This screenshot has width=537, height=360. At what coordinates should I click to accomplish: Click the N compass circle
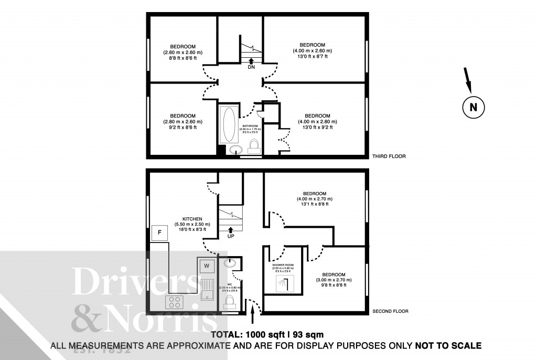pos(474,108)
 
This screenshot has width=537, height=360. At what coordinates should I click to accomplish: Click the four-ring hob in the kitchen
pos(175,302)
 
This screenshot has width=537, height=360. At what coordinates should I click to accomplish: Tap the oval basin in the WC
pos(229,263)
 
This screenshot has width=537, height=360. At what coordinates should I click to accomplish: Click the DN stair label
pos(251,67)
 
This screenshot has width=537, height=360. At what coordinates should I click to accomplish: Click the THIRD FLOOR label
pos(389,156)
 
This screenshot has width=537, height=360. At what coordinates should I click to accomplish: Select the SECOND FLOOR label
pos(390,311)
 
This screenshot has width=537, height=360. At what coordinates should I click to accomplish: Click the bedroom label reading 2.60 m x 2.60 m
pos(182,52)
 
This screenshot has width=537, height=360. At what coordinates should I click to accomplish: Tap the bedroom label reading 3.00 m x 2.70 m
pos(334,280)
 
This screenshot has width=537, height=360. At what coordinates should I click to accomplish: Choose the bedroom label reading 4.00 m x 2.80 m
pos(317,121)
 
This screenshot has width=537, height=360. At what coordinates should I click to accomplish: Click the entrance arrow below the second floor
pos(253,316)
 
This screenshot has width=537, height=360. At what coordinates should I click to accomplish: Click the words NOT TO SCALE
pos(448,346)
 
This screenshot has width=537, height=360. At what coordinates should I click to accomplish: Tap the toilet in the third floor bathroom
pos(254,145)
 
